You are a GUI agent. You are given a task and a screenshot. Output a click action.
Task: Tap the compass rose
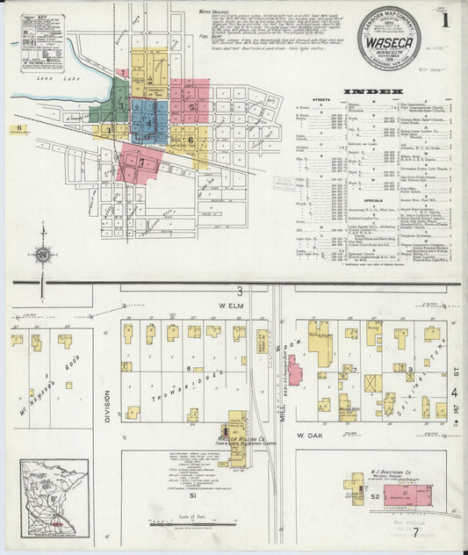(x=42, y=255)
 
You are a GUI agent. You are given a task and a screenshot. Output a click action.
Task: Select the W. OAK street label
(x=310, y=435)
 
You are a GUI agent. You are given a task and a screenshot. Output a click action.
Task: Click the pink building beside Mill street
(x=295, y=371)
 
